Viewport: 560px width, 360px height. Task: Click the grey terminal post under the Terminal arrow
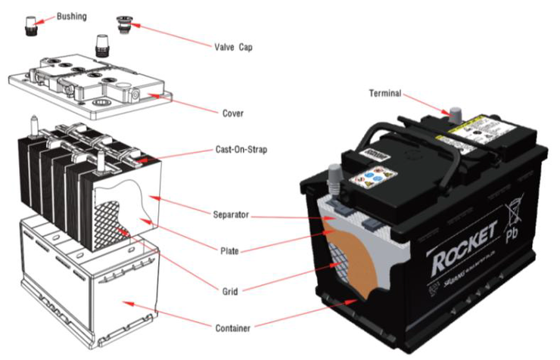click(x=454, y=114)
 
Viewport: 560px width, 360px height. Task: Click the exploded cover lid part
click(x=91, y=88)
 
